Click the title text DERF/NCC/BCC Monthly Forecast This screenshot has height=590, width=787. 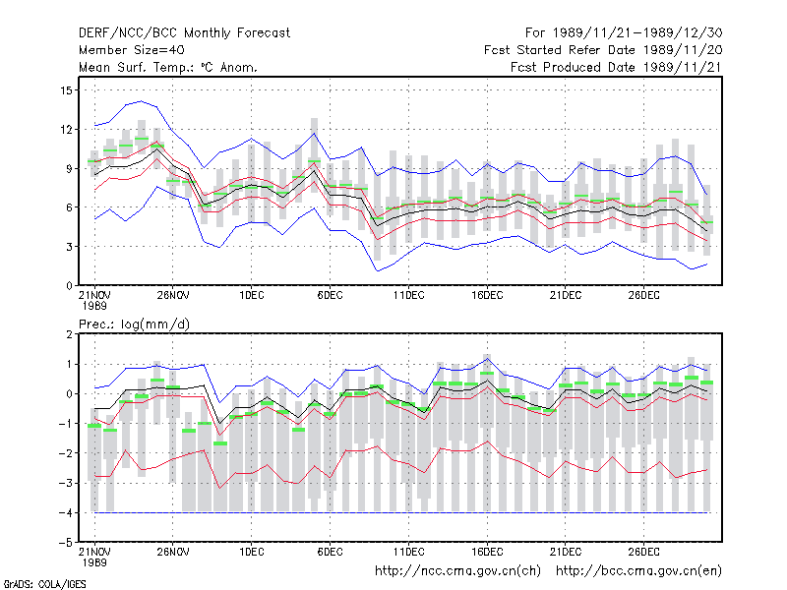(184, 33)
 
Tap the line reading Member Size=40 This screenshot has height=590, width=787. (132, 50)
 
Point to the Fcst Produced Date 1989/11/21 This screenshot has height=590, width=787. (616, 67)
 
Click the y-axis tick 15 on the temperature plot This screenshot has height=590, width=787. (66, 90)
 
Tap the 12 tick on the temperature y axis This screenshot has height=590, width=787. (66, 130)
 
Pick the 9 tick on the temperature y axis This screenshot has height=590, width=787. (69, 168)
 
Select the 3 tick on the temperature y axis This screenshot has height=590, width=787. (69, 247)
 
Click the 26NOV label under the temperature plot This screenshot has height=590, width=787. (173, 295)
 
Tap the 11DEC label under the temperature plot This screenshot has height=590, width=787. (408, 295)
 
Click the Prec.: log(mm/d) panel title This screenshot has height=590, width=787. (134, 324)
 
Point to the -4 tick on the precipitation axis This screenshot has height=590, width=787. (65, 512)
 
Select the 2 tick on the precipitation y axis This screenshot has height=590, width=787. (69, 334)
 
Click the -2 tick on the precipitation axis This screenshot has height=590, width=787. (65, 453)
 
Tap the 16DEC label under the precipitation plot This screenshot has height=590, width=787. (487, 552)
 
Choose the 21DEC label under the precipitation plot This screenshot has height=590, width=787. (565, 552)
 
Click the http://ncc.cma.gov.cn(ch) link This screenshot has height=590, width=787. (457, 571)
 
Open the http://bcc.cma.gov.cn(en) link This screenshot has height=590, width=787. (638, 571)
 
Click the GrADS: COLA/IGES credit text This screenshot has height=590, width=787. (44, 584)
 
